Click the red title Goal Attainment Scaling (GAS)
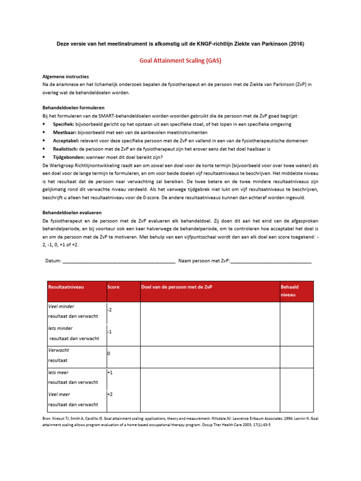pyautogui.click(x=180, y=61)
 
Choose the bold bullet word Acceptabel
pyautogui.click(x=66, y=140)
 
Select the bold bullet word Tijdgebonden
pyautogui.click(x=68, y=157)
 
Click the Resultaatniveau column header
pyautogui.click(x=66, y=287)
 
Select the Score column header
pyautogui.click(x=113, y=287)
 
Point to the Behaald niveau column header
pyautogui.click(x=290, y=291)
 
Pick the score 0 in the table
pyautogui.click(x=109, y=353)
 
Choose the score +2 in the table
pyautogui.click(x=110, y=395)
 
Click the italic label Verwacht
pyautogui.click(x=59, y=350)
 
